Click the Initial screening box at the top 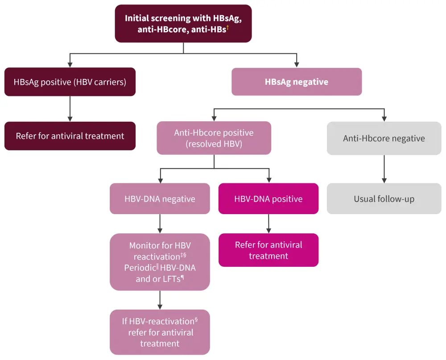pyautogui.click(x=183, y=24)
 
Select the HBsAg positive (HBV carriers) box pyautogui.click(x=70, y=82)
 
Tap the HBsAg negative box pyautogui.click(x=296, y=82)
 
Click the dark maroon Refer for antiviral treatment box pyautogui.click(x=70, y=136)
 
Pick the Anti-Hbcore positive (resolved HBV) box pyautogui.click(x=214, y=138)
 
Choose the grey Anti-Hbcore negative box pyautogui.click(x=384, y=138)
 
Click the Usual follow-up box pyautogui.click(x=384, y=199)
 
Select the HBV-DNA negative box pyautogui.click(x=160, y=199)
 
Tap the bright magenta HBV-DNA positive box pyautogui.click(x=268, y=199)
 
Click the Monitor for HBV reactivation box pyautogui.click(x=160, y=262)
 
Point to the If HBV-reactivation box pyautogui.click(x=160, y=332)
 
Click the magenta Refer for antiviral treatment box pyautogui.click(x=268, y=250)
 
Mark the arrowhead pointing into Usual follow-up pyautogui.click(x=384, y=180)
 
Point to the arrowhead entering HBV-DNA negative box pyautogui.click(x=160, y=180)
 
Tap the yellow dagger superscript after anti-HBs pyautogui.click(x=227, y=28)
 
